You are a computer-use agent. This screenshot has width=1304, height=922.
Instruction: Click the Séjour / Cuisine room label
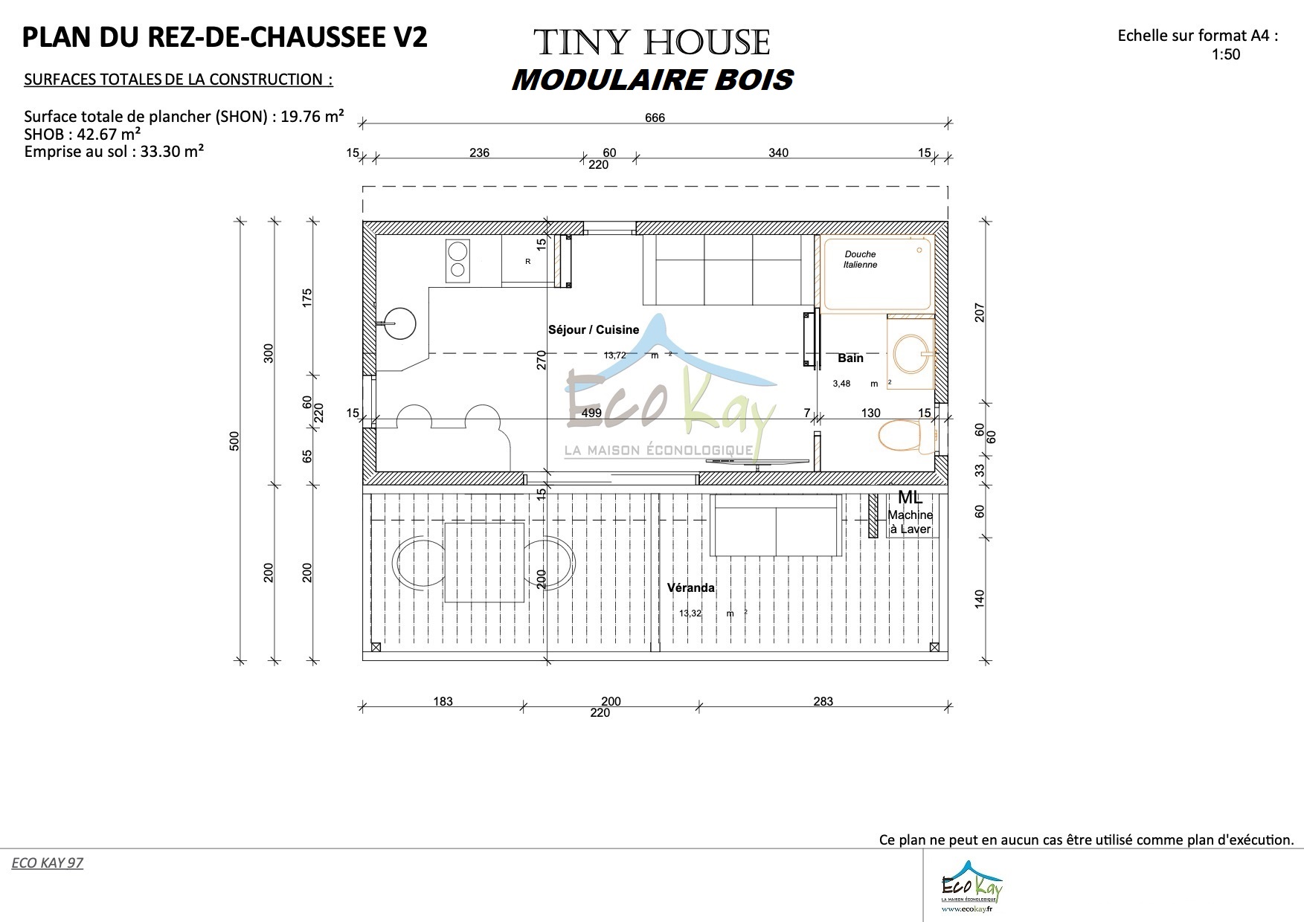(x=593, y=329)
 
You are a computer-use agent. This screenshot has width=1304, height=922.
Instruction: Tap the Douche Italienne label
(x=860, y=259)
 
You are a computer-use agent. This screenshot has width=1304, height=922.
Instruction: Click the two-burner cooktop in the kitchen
(x=457, y=260)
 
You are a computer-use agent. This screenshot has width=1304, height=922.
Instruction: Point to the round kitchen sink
(x=399, y=323)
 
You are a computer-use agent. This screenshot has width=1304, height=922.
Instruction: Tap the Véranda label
(x=690, y=587)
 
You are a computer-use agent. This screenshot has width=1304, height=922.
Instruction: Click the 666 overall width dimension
(x=655, y=117)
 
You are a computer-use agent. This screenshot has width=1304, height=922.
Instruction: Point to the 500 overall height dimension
(x=235, y=441)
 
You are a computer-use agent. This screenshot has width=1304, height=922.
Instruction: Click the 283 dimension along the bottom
(x=823, y=701)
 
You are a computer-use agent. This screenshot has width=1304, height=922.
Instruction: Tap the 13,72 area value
(x=615, y=355)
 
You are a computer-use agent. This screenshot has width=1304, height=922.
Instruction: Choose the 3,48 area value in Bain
(x=841, y=384)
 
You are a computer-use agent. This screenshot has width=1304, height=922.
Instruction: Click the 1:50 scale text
(x=1225, y=54)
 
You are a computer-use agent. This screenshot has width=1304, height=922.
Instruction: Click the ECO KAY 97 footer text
(x=47, y=863)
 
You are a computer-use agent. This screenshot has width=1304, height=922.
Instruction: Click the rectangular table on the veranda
(x=484, y=562)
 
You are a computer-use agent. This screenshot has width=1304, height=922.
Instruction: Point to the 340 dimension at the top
(x=778, y=152)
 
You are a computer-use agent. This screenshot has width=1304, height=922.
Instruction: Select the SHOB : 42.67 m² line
(x=83, y=135)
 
